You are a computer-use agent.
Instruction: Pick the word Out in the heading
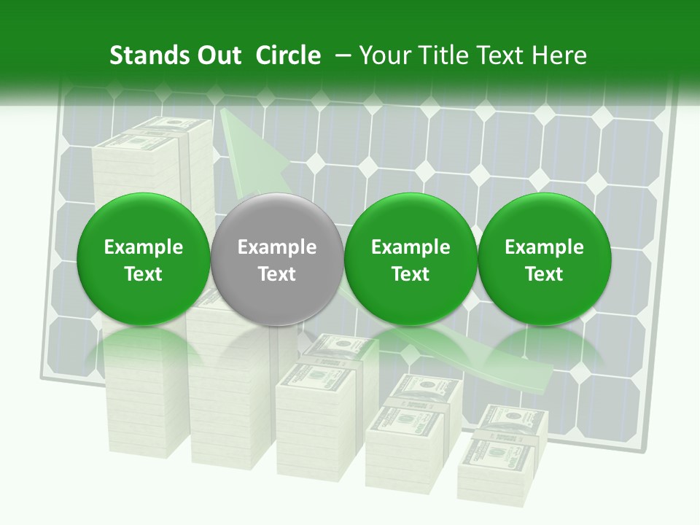[x=217, y=55]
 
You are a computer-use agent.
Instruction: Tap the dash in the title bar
[x=340, y=56]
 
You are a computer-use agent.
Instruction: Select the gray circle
[x=277, y=259]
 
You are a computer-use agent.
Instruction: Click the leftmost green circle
[x=144, y=259]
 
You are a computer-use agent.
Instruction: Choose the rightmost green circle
[x=544, y=259]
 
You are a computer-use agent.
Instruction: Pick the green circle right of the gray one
[x=411, y=259]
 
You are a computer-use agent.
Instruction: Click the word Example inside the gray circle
[x=277, y=247]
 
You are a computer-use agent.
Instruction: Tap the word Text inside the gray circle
[x=277, y=274]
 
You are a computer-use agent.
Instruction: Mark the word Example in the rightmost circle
[x=544, y=247]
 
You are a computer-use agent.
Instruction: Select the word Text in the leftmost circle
[x=144, y=274]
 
